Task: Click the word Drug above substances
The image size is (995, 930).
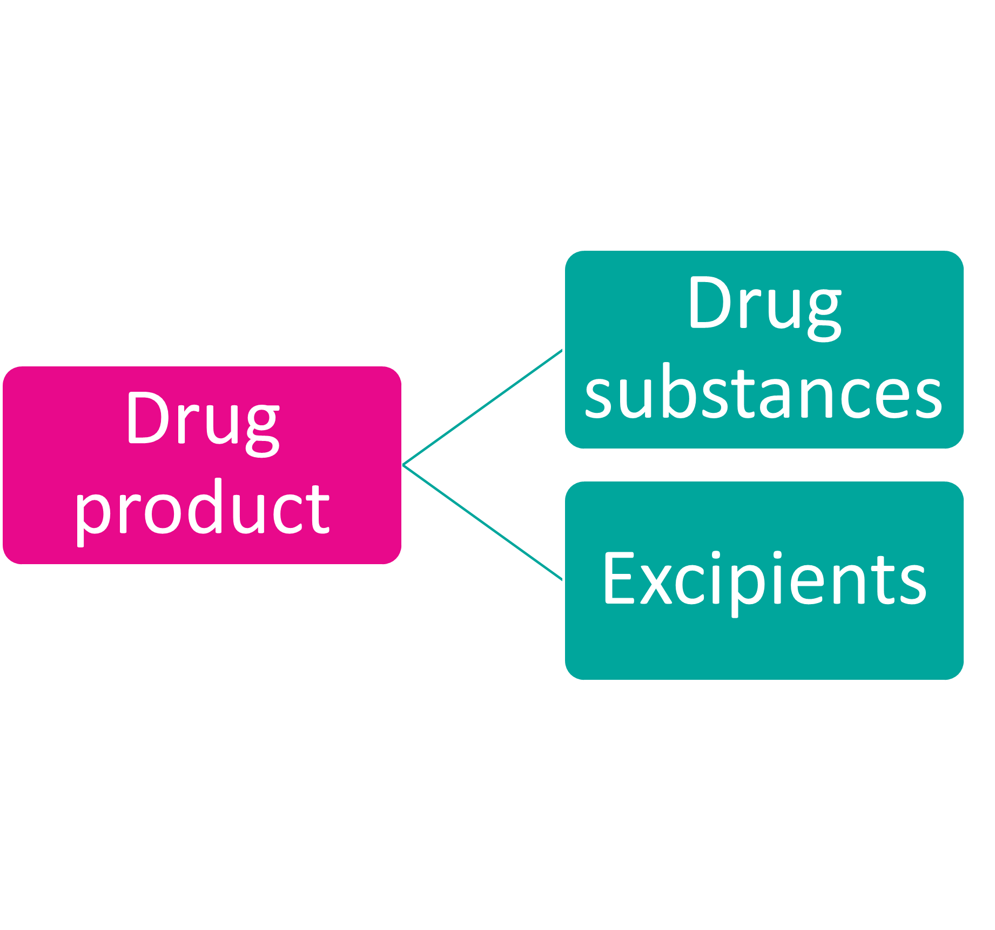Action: (x=764, y=304)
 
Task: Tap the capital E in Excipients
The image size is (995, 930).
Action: (x=617, y=578)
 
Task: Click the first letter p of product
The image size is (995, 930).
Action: (x=92, y=513)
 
